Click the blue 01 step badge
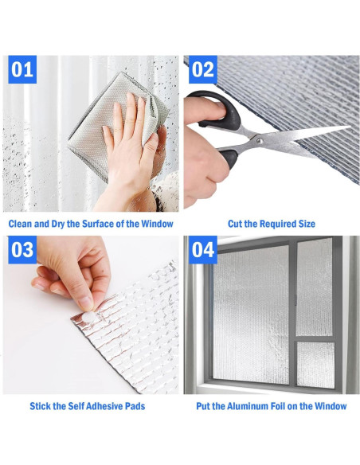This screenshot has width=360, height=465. click(x=22, y=69)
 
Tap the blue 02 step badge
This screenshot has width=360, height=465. click(x=203, y=69)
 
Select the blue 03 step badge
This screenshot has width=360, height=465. click(x=22, y=250)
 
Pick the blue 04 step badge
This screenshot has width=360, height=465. click(x=203, y=250)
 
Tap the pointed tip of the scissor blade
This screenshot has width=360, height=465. click(x=350, y=127)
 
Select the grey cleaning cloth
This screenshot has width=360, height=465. click(x=119, y=124)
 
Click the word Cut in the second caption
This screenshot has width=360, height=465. click(x=234, y=224)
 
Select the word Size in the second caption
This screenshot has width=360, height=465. click(x=307, y=224)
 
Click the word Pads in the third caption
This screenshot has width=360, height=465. click(x=136, y=406)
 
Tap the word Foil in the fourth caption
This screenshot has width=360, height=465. click(x=280, y=406)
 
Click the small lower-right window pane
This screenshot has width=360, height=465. click(x=316, y=365)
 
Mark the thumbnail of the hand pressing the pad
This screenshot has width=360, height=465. click(x=91, y=315)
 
